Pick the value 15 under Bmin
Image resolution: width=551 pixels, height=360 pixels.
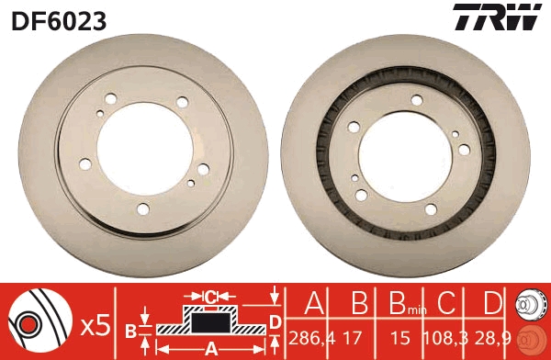click(x=401, y=338)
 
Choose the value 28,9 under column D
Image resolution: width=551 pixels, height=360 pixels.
click(x=494, y=338)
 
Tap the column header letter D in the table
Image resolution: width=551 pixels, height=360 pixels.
click(x=494, y=304)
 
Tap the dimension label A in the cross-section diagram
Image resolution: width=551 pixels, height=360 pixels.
click(x=210, y=348)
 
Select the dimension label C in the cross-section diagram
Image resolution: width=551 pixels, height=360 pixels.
click(x=209, y=297)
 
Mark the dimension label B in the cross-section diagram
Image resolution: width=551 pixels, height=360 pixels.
click(x=130, y=330)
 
